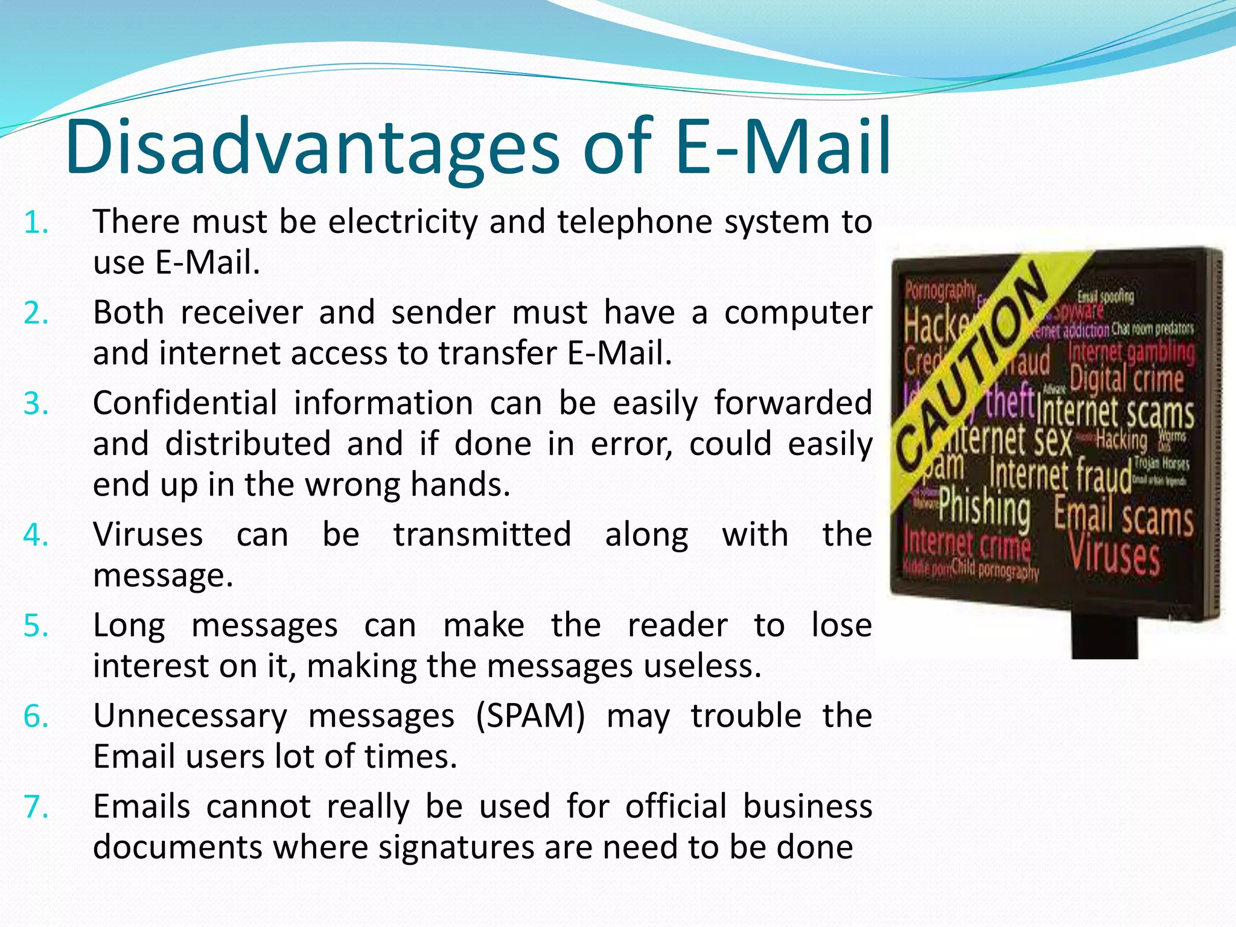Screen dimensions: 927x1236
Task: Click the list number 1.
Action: [36, 223]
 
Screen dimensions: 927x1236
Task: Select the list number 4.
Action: [36, 535]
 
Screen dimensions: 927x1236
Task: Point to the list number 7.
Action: [36, 808]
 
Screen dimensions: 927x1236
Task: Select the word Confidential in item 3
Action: [185, 403]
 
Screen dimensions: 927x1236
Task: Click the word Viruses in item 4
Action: [148, 535]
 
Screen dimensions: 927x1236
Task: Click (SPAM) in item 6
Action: [530, 716]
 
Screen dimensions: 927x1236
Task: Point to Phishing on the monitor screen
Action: [984, 508]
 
